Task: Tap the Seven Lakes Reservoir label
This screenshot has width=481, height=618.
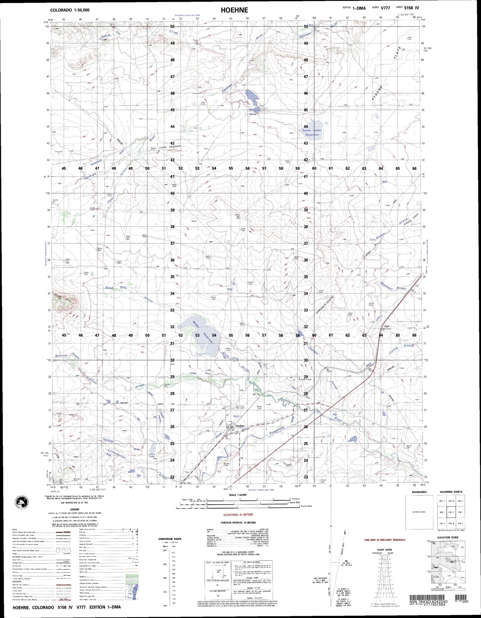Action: coord(312,132)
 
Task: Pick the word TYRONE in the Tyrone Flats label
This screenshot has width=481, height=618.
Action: coord(377,95)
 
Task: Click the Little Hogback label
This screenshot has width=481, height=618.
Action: coord(170,147)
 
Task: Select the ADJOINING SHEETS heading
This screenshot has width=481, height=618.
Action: coord(451,492)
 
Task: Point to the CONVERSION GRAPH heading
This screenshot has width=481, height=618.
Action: coord(170,539)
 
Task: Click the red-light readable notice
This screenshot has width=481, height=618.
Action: coord(384,540)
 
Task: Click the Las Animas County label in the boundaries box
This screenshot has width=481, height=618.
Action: coord(419,512)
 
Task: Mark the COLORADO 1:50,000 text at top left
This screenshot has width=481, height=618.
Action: coord(70,10)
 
